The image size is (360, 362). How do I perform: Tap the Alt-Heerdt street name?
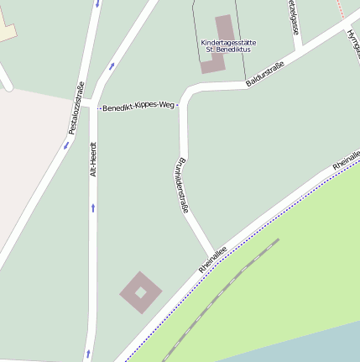[x=94, y=158]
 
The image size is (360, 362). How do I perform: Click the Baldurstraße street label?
[x=264, y=74]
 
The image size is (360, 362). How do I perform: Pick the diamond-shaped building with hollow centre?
[x=141, y=291]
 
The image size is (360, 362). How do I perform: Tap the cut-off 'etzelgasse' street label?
[x=293, y=17]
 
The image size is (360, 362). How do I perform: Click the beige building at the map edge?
[x=7, y=29]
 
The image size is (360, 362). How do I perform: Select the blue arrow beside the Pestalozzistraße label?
[x=66, y=144]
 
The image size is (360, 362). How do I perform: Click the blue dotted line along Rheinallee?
[x=252, y=235]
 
